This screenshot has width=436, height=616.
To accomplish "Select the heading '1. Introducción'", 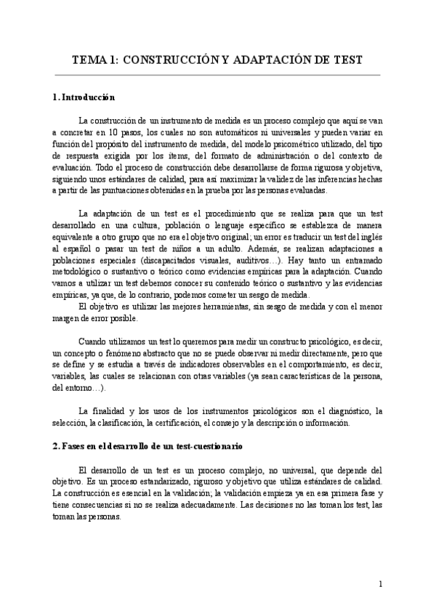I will pyautogui.click(x=84, y=97).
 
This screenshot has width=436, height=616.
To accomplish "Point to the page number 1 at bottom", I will pyautogui.click(x=380, y=584).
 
